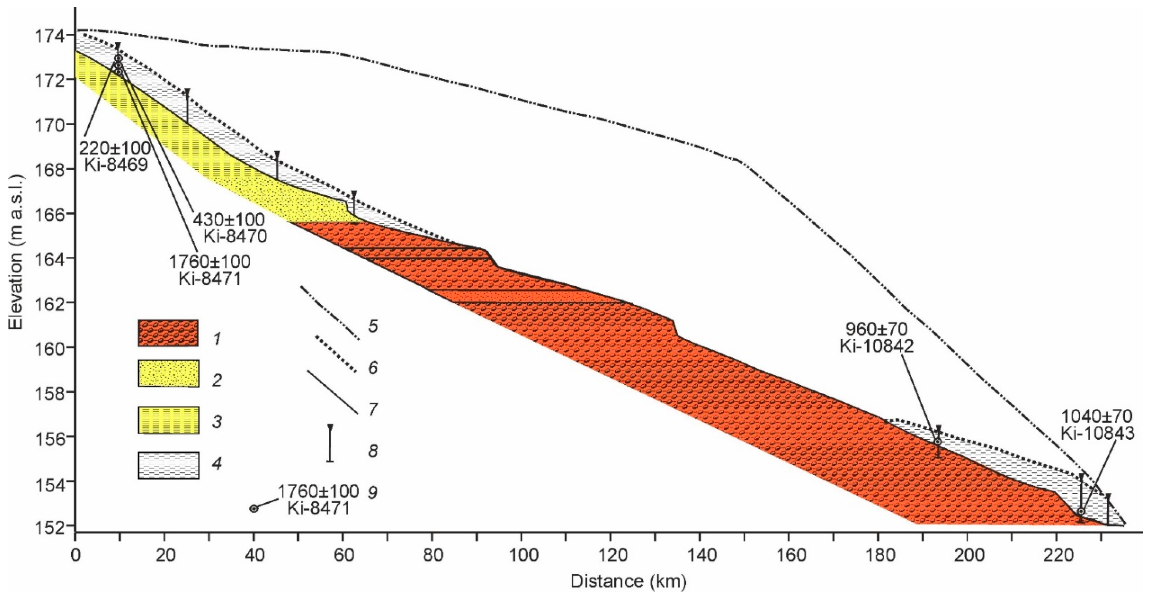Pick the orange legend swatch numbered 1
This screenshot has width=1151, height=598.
point(168,333)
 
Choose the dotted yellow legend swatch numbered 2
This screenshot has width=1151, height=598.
point(168,373)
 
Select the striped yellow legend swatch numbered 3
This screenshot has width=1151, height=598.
point(168,420)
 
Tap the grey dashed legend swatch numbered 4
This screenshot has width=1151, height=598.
point(168,465)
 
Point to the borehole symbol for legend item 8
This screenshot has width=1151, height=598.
point(330,443)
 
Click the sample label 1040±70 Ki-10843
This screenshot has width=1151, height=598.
point(1097,425)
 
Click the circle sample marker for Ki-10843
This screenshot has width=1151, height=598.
point(1081,511)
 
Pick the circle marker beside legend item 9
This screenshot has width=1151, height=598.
point(254,509)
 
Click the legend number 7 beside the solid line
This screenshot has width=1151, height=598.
point(372,409)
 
